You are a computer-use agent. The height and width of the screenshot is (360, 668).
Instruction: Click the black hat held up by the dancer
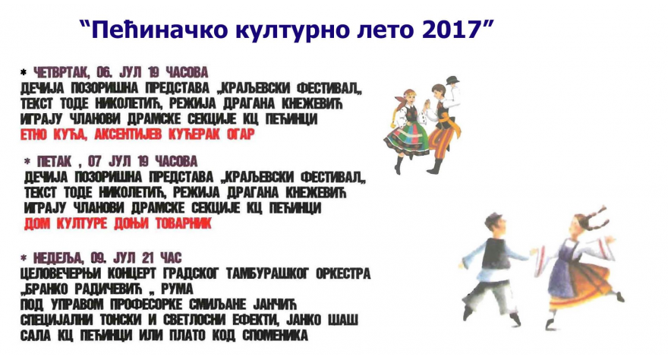pyautogui.click(x=453, y=80)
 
